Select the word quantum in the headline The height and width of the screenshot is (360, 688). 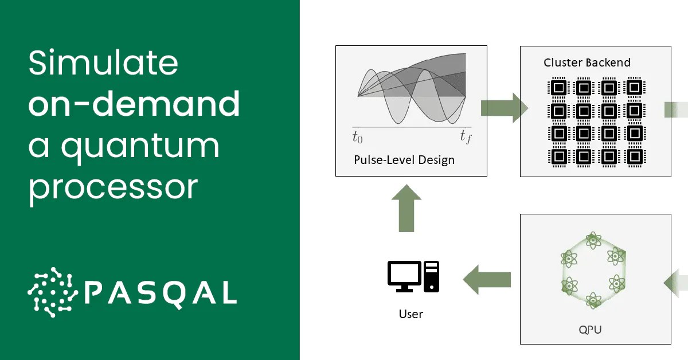click(140, 147)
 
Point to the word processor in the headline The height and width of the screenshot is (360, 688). click(113, 187)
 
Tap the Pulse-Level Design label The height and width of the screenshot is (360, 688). click(404, 160)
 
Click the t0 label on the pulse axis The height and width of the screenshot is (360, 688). click(357, 137)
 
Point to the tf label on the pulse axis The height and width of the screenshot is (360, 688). click(465, 137)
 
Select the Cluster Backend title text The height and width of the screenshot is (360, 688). click(587, 62)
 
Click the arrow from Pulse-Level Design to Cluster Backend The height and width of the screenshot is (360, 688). click(503, 107)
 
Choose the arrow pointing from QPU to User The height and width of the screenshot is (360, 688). click(487, 280)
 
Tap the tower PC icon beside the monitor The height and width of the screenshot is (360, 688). click(431, 276)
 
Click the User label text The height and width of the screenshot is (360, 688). click(411, 314)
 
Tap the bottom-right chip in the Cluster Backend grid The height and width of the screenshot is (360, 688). click(634, 155)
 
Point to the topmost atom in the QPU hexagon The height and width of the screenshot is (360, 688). click(593, 240)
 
